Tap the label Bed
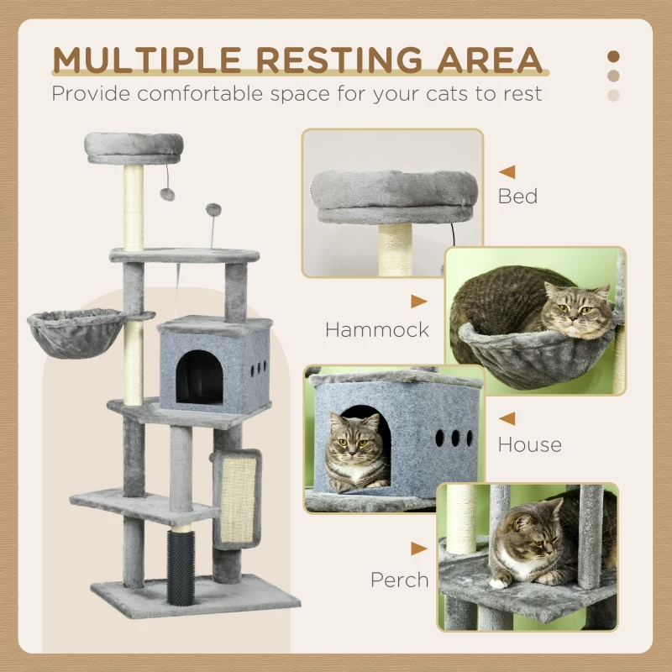(x=517, y=197)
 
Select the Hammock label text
(x=377, y=329)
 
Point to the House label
(x=529, y=444)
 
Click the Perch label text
(x=400, y=580)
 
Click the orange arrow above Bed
(x=507, y=172)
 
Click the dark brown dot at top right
(x=613, y=56)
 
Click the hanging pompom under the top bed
(x=168, y=194)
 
